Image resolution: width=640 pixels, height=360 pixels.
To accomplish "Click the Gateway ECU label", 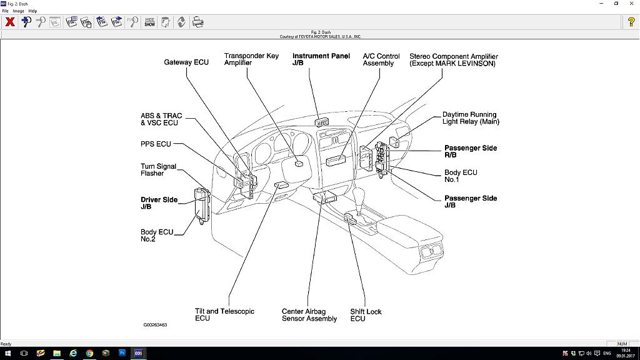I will tap(186, 62).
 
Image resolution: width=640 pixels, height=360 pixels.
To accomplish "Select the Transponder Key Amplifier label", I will tap(251, 59).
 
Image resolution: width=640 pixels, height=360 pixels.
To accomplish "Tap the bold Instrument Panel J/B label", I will tap(321, 59).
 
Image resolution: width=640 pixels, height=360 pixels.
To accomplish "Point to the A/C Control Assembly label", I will tap(382, 59).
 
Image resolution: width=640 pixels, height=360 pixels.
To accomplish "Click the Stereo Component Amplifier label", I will tap(453, 60).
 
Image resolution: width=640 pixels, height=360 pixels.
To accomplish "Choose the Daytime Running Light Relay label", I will tap(471, 118).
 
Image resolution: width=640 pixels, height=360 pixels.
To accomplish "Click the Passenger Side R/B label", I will tap(470, 151).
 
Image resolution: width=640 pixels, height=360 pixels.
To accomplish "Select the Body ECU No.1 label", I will tap(461, 176).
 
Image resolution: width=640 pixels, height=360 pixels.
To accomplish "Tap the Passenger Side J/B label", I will tap(470, 201).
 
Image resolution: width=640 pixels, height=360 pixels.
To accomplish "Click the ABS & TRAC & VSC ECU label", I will tap(161, 119).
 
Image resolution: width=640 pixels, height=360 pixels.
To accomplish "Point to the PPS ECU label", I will tap(156, 144).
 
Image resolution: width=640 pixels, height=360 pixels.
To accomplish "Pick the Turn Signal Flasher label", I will tap(158, 170).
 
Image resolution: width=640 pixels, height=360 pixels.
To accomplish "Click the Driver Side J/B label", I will tap(159, 203).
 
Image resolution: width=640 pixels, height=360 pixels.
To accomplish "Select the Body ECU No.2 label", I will tap(156, 236).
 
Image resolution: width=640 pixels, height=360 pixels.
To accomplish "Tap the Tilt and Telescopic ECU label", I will tap(224, 314).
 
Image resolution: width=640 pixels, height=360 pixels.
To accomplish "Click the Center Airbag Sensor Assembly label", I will tap(309, 315).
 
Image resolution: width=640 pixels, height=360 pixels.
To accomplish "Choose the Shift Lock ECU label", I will tap(366, 315).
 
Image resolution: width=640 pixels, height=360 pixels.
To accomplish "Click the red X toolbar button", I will tap(10, 22).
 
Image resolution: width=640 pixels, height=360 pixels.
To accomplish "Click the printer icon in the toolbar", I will tap(197, 22).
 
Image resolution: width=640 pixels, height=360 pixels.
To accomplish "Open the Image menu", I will tap(18, 11).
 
